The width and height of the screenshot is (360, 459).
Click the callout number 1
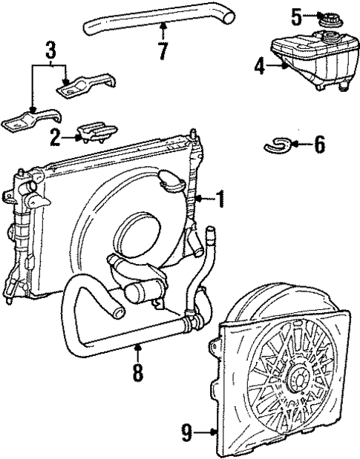click(220, 198)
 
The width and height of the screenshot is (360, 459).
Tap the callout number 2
click(55, 136)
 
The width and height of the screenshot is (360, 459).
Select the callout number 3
click(50, 52)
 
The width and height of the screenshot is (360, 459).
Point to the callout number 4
click(259, 67)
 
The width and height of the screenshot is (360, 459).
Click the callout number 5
click(296, 15)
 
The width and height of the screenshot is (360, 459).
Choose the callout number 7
click(163, 52)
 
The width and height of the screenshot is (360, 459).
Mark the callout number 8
click(137, 371)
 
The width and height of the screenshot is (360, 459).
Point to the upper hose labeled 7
click(148, 22)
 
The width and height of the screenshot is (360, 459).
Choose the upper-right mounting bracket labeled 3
click(85, 85)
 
